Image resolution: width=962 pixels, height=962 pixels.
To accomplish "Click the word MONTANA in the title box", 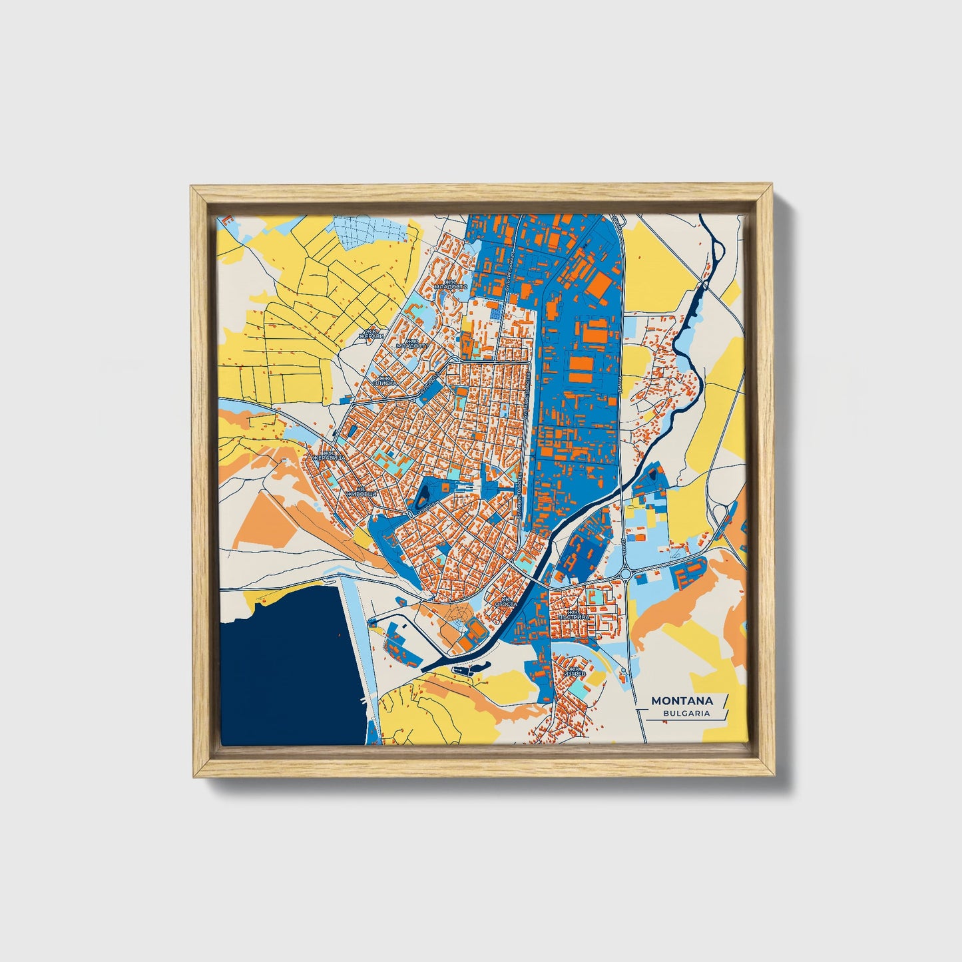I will (682, 700).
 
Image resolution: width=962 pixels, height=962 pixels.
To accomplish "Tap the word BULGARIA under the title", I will (686, 713).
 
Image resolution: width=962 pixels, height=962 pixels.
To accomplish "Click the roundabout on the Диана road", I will (626, 573).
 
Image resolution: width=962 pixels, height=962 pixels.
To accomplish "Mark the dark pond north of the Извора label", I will (423, 495).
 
